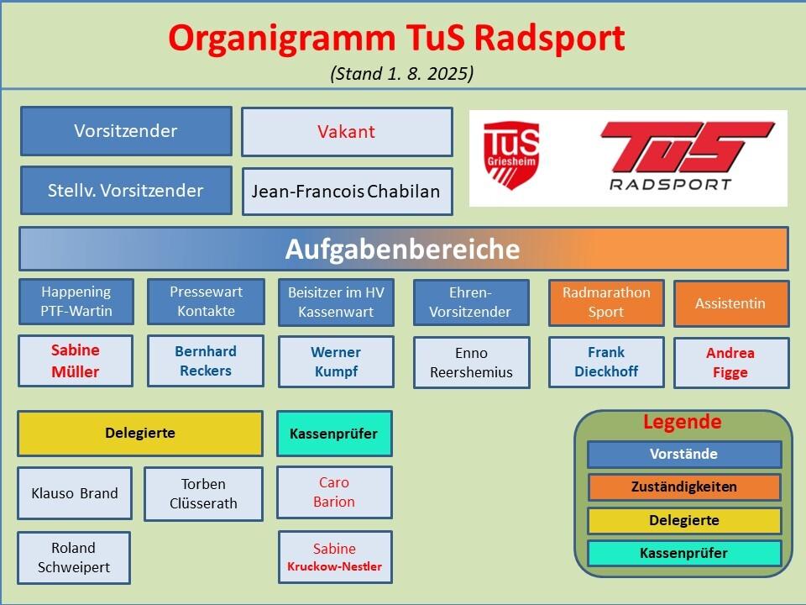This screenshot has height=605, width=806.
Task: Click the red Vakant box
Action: coord(347,132)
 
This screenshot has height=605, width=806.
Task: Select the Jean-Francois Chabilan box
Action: coord(347,192)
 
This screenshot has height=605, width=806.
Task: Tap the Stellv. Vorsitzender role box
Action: coord(126,191)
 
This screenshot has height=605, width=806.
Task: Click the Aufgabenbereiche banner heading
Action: coord(403,250)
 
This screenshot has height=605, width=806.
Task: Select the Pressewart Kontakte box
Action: coord(206,302)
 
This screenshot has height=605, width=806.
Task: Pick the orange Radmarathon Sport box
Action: coord(606,302)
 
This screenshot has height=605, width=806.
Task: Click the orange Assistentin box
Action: coord(730,303)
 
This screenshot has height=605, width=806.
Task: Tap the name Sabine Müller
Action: coord(76,361)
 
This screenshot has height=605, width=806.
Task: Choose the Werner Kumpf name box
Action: coord(336,362)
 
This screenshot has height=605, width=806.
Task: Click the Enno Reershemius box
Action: coord(471,363)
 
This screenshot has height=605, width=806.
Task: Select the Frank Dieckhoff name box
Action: coord(606,362)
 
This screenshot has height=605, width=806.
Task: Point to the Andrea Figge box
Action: coord(730,363)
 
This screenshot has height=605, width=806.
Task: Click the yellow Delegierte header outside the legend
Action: coord(140,434)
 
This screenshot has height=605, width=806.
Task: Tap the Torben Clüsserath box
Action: coord(203,494)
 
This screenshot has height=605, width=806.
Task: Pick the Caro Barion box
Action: coord(334,492)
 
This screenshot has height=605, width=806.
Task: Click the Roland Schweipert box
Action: coord(74,558)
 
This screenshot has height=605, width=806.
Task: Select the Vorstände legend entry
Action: coord(683,455)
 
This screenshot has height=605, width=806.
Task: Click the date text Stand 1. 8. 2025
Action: coord(402,74)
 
